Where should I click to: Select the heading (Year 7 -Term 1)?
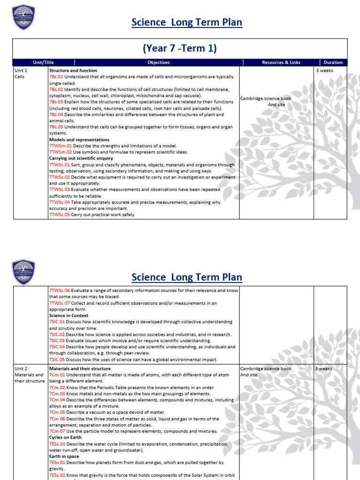point(180,48)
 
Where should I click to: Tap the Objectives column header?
point(158,62)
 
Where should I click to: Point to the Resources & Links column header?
point(281,62)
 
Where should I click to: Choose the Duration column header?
point(333,62)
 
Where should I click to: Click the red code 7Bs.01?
point(56,76)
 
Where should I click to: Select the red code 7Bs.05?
point(56,127)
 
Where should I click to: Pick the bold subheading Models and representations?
point(79,140)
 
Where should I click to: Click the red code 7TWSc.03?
point(59,190)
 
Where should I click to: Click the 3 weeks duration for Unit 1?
point(325,70)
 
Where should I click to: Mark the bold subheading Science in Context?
point(69,315)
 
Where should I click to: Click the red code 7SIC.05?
point(57,360)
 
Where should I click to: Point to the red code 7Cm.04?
point(57,400)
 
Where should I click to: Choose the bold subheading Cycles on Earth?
point(65,437)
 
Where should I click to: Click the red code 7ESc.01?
point(57,443)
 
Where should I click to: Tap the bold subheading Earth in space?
point(64,456)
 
